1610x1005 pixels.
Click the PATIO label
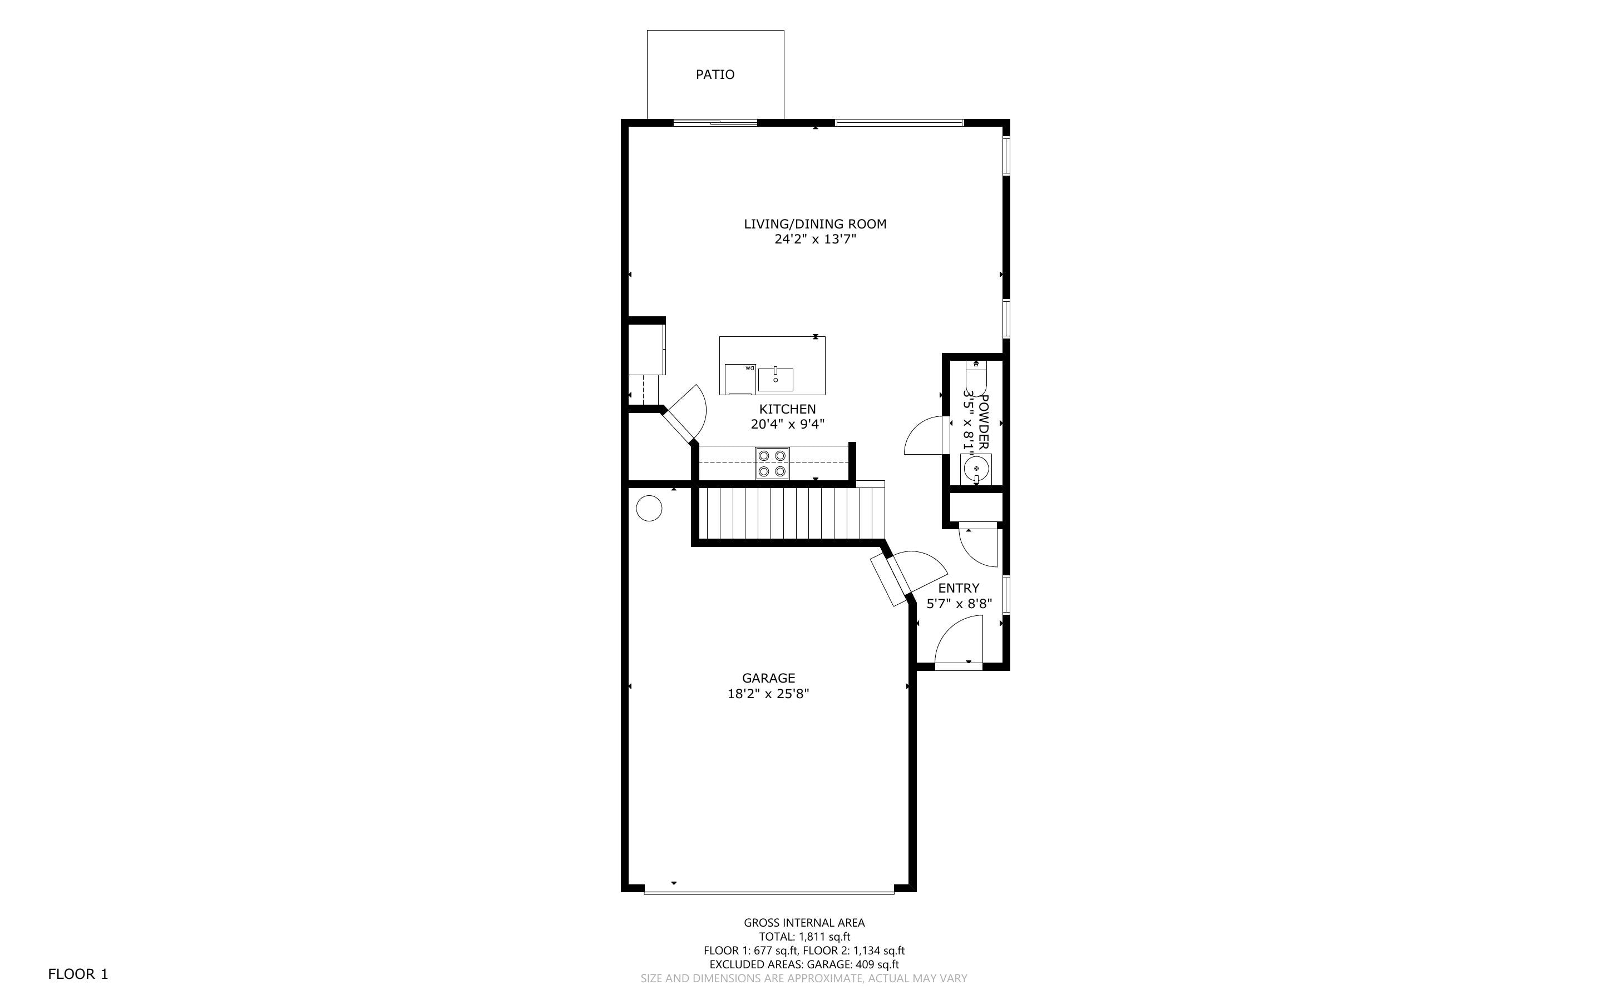(x=715, y=74)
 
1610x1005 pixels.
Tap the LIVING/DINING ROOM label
(x=814, y=224)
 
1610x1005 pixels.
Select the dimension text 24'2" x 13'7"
(x=814, y=239)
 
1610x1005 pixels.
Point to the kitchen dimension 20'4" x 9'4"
(x=787, y=424)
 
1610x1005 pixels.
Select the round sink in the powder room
(x=976, y=468)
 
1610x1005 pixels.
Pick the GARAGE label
(x=768, y=678)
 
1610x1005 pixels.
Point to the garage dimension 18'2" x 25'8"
(x=768, y=694)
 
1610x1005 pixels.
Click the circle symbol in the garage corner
(x=649, y=509)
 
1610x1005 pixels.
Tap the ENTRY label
(x=959, y=588)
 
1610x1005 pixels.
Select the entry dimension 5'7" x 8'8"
(x=959, y=604)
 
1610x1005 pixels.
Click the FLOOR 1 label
(x=78, y=974)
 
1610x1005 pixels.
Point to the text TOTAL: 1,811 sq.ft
(x=804, y=937)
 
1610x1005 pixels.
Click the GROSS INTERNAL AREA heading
(x=804, y=923)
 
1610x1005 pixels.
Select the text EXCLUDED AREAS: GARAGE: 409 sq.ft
(x=804, y=964)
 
